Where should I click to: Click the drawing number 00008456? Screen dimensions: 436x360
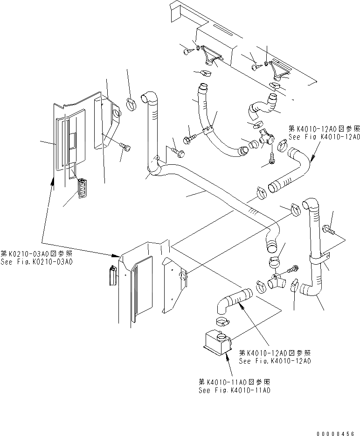(x=334, y=433)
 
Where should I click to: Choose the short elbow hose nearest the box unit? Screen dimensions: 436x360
(x=233, y=301)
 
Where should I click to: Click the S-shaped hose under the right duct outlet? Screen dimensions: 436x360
(x=261, y=106)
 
